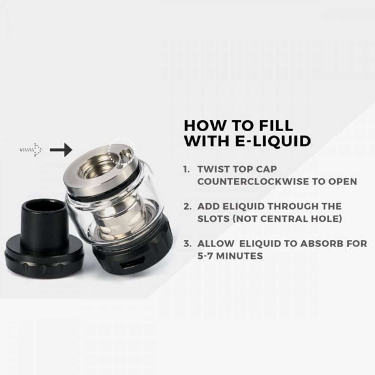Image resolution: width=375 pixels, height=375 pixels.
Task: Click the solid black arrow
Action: (x=61, y=150)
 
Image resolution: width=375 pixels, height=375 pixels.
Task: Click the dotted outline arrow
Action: (x=31, y=150)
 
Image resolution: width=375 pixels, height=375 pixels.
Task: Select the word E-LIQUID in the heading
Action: (x=273, y=141)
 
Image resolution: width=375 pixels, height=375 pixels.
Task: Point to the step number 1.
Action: (x=186, y=169)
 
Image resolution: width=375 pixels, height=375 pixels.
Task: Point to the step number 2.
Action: (x=187, y=206)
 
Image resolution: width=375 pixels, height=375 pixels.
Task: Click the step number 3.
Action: (x=187, y=243)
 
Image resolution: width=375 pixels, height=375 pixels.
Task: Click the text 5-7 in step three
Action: (x=206, y=256)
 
